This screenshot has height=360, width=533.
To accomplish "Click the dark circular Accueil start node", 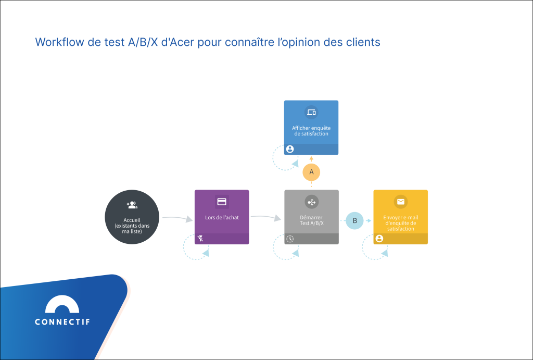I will (132, 217).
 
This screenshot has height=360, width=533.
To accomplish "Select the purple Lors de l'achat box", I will (222, 217).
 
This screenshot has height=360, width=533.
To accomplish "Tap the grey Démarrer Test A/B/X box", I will (311, 217).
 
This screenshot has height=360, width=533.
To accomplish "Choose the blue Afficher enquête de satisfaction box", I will (311, 127).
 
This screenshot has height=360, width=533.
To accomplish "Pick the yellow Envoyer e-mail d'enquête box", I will (400, 217).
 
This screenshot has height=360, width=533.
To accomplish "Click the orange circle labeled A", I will (311, 171).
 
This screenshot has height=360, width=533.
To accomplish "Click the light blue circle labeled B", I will (355, 220).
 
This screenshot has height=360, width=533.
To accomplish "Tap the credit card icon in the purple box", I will (222, 202).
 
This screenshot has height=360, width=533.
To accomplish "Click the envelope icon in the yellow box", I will (400, 202).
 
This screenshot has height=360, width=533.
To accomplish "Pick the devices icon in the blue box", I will (311, 112).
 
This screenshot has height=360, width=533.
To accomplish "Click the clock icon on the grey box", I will (290, 239).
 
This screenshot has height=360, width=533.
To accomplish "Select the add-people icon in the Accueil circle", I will (132, 205).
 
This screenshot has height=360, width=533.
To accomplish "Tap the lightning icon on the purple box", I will (200, 239).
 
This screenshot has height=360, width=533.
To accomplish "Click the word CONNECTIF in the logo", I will (62, 322).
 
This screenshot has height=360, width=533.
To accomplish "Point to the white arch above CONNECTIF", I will (62, 304).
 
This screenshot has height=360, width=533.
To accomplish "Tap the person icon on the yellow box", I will (379, 239).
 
